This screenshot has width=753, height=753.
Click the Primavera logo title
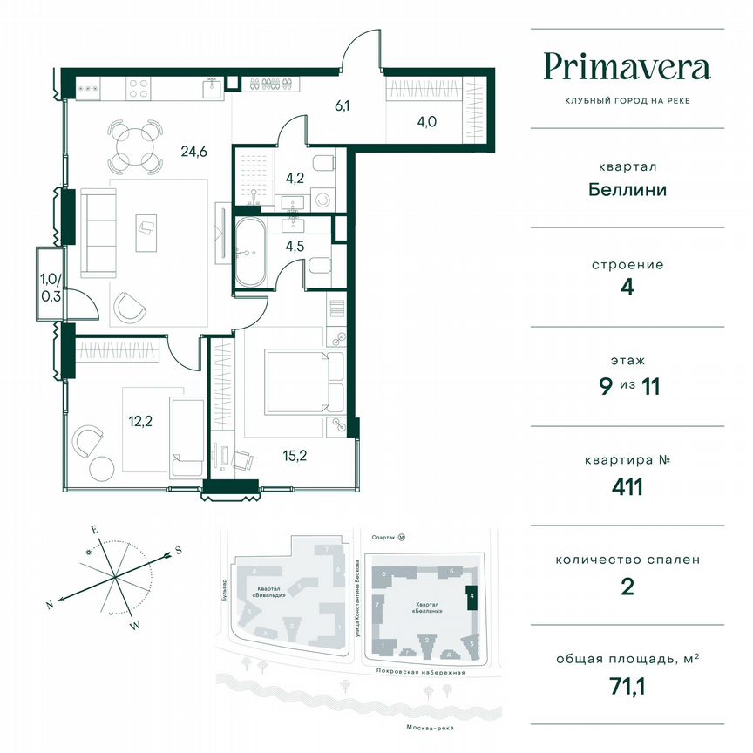pyautogui.click(x=627, y=67)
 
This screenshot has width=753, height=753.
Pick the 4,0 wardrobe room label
pyautogui.click(x=427, y=121)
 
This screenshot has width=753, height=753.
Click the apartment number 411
pyautogui.click(x=627, y=486)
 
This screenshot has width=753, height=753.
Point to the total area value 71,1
pyautogui.click(x=627, y=686)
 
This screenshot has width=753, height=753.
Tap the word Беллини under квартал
pyautogui.click(x=627, y=189)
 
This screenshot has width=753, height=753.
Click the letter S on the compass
pyautogui.click(x=178, y=550)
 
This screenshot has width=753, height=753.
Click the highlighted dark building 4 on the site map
pyautogui.click(x=471, y=598)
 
